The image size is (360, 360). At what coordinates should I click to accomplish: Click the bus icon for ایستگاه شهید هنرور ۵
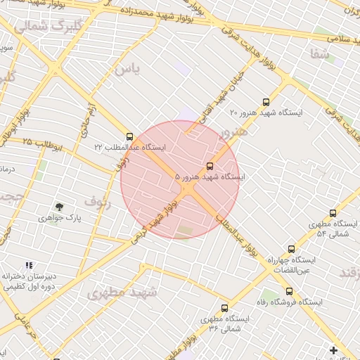(210, 167)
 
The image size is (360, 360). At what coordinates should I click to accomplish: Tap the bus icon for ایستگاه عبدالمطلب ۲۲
(129, 136)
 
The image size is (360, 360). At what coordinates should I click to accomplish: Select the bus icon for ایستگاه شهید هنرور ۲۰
(266, 102)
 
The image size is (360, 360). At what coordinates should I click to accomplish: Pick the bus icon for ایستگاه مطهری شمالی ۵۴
(333, 213)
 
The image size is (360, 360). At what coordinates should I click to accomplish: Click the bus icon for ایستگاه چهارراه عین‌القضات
(292, 249)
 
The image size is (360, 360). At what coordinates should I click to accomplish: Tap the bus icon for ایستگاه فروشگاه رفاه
(289, 291)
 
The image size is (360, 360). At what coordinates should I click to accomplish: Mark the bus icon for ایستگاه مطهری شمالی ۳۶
(225, 308)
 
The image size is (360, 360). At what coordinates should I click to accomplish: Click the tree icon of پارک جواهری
(60, 207)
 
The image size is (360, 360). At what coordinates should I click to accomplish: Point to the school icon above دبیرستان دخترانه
(29, 265)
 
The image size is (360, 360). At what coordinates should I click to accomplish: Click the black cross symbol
(333, 349)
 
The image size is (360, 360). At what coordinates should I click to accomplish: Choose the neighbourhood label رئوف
(97, 202)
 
